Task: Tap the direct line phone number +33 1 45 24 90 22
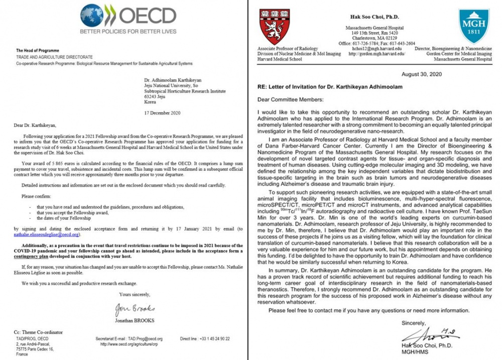click(x=213, y=339)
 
